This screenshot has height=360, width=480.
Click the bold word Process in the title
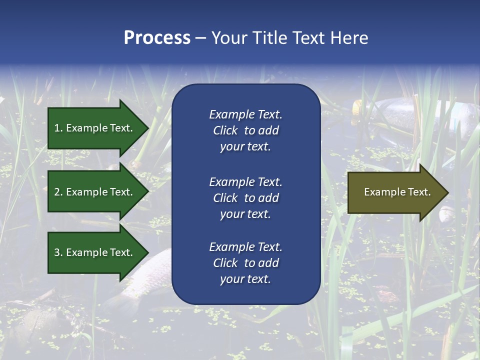click(x=157, y=38)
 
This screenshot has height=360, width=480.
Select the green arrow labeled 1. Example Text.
click(x=95, y=128)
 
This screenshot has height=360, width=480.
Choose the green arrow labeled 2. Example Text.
click(x=95, y=192)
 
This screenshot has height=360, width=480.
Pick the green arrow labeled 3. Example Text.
click(x=95, y=252)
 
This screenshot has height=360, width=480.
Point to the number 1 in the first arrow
click(x=57, y=128)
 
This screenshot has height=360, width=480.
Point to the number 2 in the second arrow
click(x=57, y=192)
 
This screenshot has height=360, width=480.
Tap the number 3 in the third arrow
click(x=57, y=252)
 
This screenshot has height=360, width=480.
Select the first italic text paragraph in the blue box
click(x=245, y=130)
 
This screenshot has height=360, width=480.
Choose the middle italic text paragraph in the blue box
click(x=245, y=198)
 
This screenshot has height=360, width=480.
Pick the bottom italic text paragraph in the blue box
click(x=245, y=263)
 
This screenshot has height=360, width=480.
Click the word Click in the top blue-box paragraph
click(x=225, y=130)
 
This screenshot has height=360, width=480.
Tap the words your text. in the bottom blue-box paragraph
click(x=245, y=279)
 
